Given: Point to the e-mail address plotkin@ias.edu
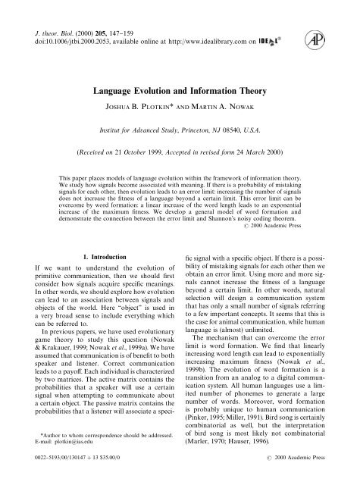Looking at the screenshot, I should point(62,446).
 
